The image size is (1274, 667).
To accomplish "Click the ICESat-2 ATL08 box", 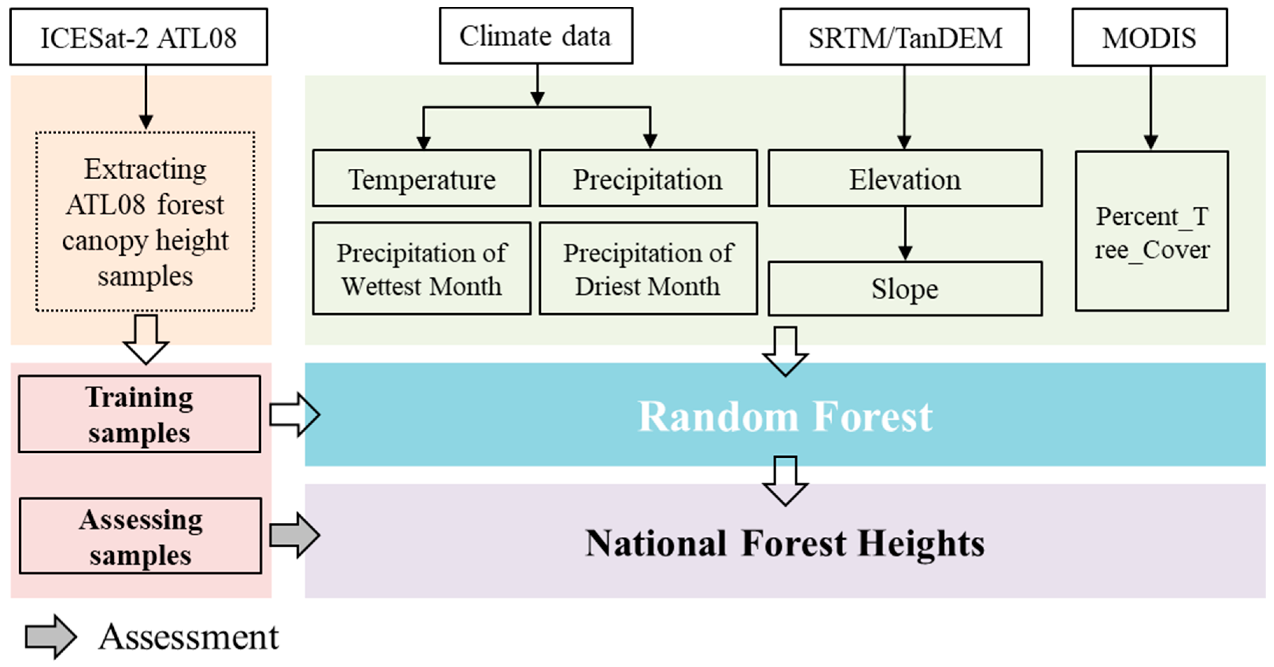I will tap(139, 37).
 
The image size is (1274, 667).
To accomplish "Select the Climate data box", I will tap(536, 36).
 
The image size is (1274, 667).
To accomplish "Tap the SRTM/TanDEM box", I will tap(904, 37).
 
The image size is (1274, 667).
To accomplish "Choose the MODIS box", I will tap(1149, 37).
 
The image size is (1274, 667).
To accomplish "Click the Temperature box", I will tap(422, 179).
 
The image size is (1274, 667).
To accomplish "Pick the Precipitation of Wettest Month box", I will tap(422, 269).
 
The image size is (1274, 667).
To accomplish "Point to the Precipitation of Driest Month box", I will tap(648, 269).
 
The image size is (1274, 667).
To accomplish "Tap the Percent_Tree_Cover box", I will tap(1152, 231).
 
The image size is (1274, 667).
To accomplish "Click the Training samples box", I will tap(139, 414).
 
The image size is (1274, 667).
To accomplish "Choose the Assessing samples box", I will tap(140, 536).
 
